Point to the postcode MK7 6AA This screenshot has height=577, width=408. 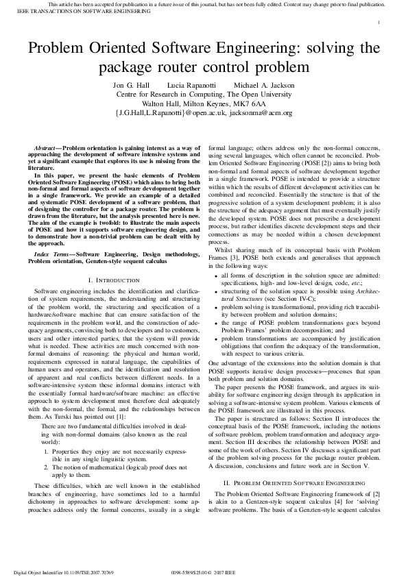coord(250,103)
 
